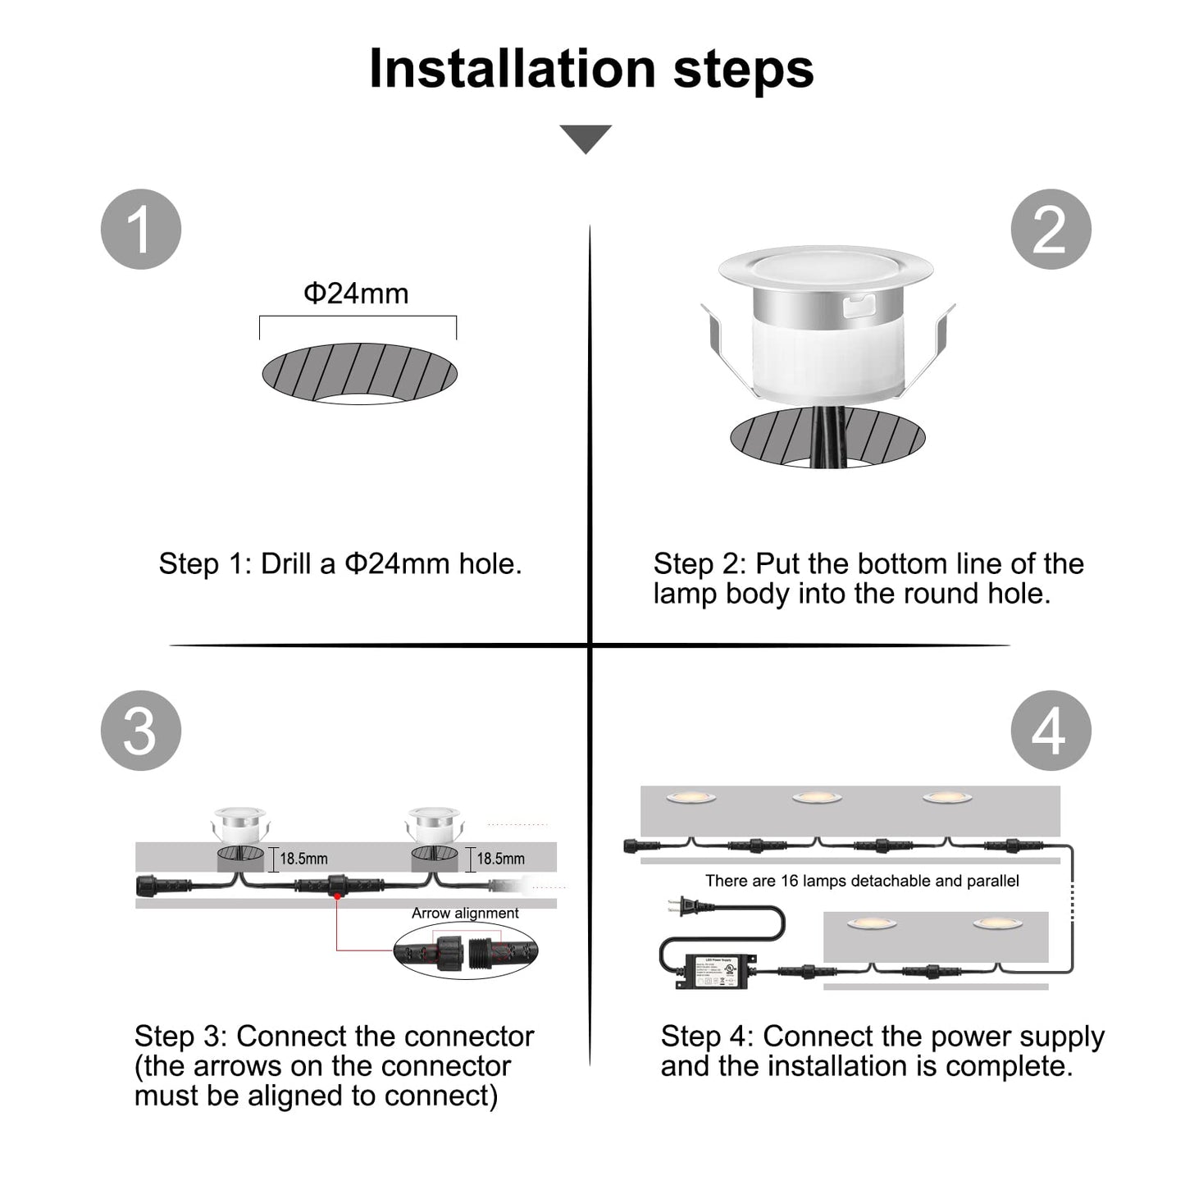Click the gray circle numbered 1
tap(140, 229)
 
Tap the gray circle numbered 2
tap(1050, 229)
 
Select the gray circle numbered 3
tap(140, 731)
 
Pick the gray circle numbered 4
tap(1050, 731)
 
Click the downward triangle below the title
tap(586, 138)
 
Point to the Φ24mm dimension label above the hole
tap(356, 294)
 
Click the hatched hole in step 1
tap(359, 373)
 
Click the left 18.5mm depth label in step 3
tap(303, 859)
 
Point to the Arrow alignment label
tap(465, 913)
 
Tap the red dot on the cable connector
tap(337, 897)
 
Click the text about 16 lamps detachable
tap(862, 881)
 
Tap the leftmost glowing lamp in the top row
tap(690, 797)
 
